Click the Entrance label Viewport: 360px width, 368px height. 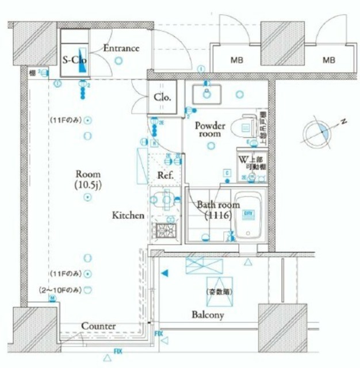(x=121, y=48)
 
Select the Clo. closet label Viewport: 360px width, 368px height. (x=162, y=97)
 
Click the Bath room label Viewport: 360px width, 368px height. (x=214, y=210)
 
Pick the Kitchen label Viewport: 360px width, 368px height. (x=127, y=215)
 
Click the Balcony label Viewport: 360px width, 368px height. (x=208, y=315)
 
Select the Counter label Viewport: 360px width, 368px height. (x=98, y=326)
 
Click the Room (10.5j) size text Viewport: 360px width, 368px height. (x=87, y=179)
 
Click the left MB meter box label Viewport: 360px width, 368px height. (x=236, y=59)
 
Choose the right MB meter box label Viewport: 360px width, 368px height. (x=328, y=59)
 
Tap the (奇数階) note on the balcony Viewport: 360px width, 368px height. (x=220, y=292)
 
